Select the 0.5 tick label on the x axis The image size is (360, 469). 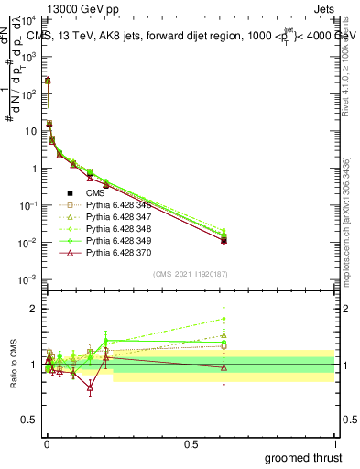pos(191,443)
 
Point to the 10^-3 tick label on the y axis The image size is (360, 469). pos(25,279)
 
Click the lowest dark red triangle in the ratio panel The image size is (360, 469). pos(90,387)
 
